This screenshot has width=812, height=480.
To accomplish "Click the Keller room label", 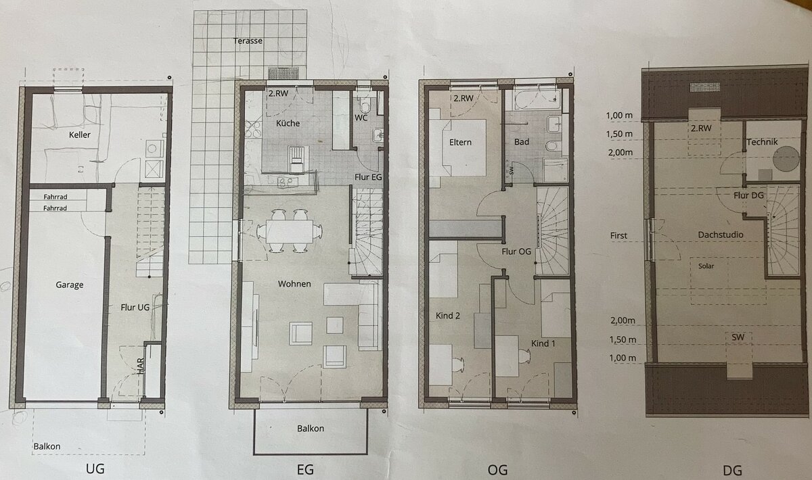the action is coord(79,135).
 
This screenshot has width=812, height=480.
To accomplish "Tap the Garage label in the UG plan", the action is coord(69,285).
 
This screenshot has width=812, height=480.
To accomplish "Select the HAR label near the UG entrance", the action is coord(141,366).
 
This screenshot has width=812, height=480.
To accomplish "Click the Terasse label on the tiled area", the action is coord(248,41).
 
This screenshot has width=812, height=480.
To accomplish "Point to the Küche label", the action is coord(288,123).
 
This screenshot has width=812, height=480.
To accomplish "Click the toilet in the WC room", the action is coord(365,105).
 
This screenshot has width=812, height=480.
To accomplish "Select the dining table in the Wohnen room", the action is coord(290,231).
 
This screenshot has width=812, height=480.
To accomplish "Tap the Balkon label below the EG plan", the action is coord(311,429).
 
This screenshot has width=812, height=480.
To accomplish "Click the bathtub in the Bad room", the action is coord(537,98).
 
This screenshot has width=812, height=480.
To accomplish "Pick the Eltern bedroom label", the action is coord(460,143).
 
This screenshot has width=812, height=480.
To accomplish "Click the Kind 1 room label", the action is coord(543,343).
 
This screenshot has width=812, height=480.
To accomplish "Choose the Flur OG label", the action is coord(516,251).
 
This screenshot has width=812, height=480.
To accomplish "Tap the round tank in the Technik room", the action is coord(786,159).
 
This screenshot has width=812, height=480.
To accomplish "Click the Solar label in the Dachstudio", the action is coord(706,266).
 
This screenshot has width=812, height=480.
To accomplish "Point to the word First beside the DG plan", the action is coord(618,235).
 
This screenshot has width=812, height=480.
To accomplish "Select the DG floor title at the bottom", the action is coord(732,471).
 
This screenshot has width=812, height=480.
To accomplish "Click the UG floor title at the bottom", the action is coord(95,469).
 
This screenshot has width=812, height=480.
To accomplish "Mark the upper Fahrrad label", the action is coord(55,197).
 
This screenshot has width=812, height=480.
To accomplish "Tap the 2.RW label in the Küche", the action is coord(278,93).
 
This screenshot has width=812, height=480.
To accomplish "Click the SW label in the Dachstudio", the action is coord(738,337).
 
